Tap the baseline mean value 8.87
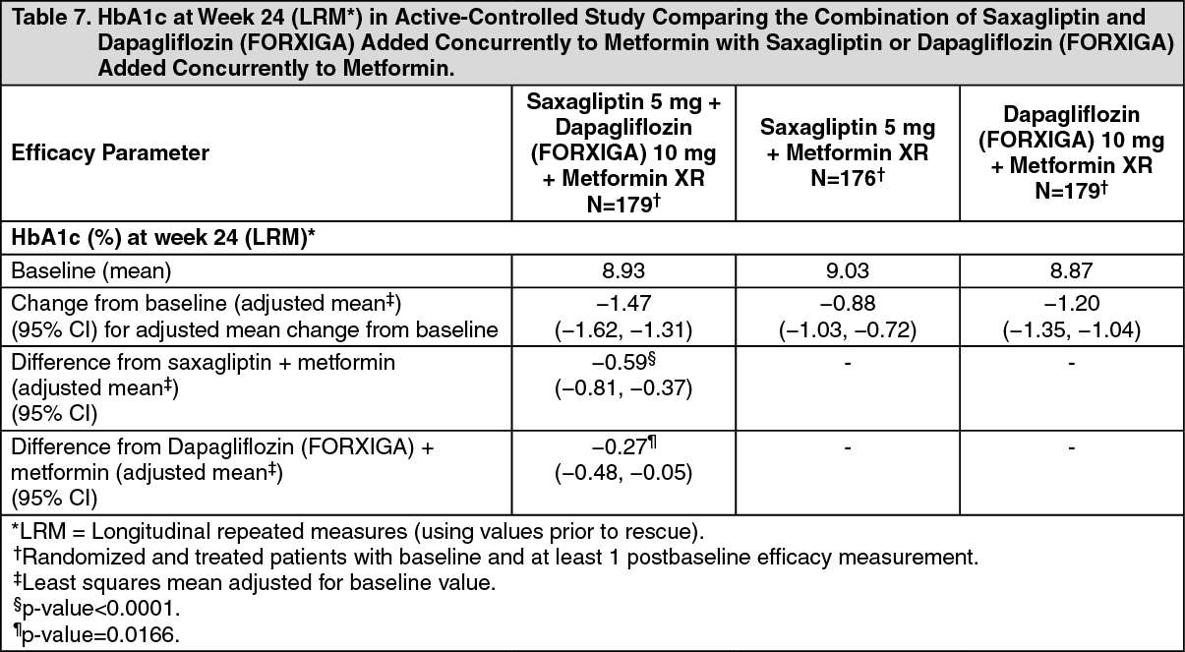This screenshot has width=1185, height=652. click(x=1071, y=270)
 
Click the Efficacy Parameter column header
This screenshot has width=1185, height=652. click(x=110, y=153)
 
